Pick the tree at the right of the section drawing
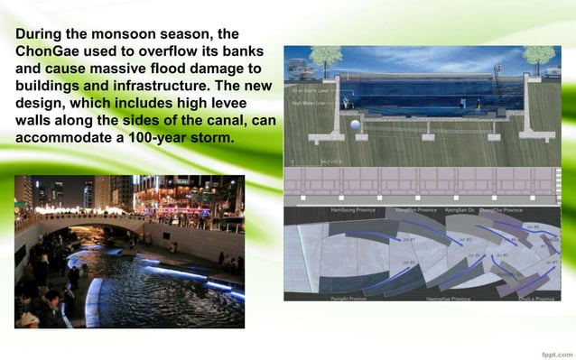click(536, 57)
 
